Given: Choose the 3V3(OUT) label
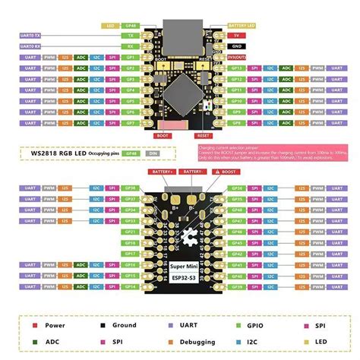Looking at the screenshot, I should click(x=238, y=56).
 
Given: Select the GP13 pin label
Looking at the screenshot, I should click(x=236, y=67).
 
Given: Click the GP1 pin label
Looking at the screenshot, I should click(x=130, y=56).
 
